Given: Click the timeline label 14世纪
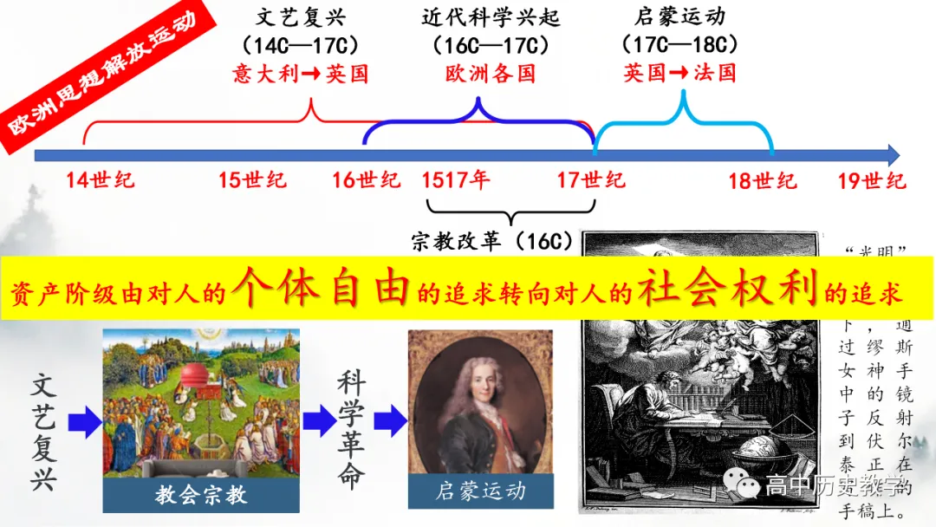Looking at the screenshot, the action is coord(101,180).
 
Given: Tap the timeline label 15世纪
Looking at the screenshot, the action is coord(252,180).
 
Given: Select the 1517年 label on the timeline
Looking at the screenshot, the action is coord(456,180).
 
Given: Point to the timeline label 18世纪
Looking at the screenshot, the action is coord(762,180).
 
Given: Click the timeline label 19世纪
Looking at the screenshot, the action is coord(872,180).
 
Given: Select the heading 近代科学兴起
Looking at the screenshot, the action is coord(491,16).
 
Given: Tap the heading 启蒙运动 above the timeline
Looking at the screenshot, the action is coord(679,16).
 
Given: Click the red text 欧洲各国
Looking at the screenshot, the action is coord(491,73).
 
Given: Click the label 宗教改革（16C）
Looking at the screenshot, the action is coord(492,241).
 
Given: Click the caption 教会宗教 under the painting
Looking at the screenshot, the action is coord(201,495).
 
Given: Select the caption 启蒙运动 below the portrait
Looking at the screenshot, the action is coord(480,491).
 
